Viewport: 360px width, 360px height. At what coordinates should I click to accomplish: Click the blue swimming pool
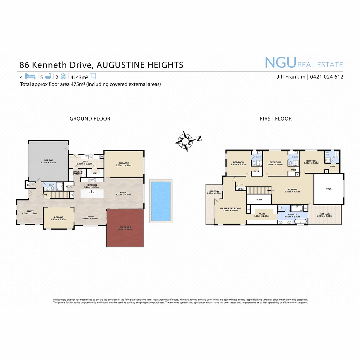click(161, 201)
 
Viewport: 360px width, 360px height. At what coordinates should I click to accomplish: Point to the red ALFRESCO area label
click(125, 228)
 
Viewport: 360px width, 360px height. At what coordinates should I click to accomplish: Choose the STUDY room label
click(30, 211)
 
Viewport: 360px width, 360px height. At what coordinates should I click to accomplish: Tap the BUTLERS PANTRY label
click(77, 173)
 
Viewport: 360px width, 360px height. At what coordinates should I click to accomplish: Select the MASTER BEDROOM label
click(230, 209)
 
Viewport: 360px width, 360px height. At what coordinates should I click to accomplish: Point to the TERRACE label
click(324, 214)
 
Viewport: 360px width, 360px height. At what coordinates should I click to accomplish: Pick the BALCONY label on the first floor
click(214, 191)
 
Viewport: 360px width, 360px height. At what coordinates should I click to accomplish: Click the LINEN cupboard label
click(241, 189)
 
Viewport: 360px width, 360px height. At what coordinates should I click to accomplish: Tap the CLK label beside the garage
click(29, 185)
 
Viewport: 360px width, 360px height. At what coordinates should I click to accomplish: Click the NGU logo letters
click(280, 62)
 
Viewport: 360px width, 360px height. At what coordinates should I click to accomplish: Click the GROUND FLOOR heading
click(90, 119)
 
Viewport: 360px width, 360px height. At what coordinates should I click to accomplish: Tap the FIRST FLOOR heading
click(276, 119)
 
